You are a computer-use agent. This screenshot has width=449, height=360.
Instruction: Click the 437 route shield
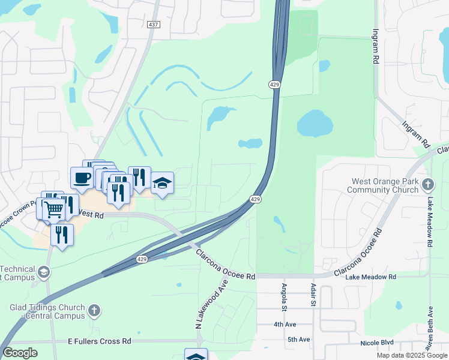tap(154, 24)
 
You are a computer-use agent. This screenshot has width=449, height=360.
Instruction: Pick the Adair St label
tap(313, 294)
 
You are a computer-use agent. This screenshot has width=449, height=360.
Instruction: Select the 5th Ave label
tap(298, 340)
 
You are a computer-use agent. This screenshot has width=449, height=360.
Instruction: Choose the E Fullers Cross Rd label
tap(100, 341)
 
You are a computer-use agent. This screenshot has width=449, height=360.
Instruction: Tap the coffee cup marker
tap(82, 178)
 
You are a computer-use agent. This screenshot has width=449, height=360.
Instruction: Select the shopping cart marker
tap(53, 208)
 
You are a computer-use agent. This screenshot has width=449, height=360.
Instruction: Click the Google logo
tap(20, 353)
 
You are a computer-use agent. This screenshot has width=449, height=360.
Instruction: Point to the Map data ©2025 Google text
tap(411, 355)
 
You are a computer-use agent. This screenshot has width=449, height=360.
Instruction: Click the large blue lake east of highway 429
tap(315, 124)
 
